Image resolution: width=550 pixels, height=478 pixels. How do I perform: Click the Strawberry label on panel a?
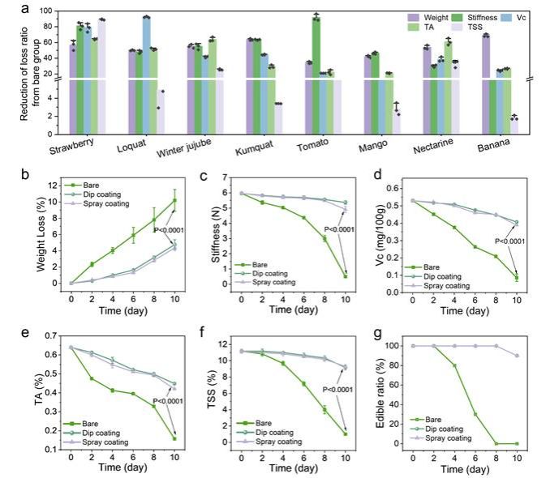coord(70,152)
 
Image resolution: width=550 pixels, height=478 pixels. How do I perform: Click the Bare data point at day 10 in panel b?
coord(174,200)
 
